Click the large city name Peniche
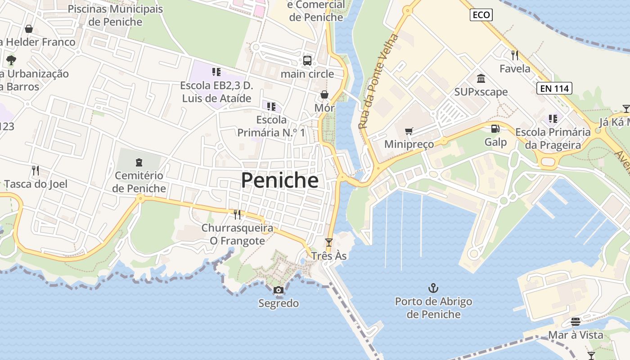(x=279, y=180)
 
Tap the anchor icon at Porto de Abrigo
(x=433, y=288)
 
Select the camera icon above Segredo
(x=279, y=290)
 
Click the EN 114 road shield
(x=554, y=88)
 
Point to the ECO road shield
(x=481, y=15)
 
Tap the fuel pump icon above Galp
(x=495, y=129)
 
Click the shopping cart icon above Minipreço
(x=409, y=131)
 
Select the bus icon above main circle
(x=307, y=60)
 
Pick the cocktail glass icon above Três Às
(x=329, y=243)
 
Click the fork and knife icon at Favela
(x=515, y=55)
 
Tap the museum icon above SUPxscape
(x=481, y=79)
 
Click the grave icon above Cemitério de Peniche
(x=139, y=162)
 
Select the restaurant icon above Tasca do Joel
(x=36, y=171)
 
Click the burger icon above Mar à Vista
(x=576, y=322)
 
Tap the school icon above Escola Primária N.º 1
(x=271, y=107)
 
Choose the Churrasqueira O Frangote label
(x=237, y=234)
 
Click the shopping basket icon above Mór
(x=324, y=94)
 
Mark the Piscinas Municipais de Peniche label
(x=115, y=15)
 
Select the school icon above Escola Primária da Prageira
(x=553, y=119)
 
